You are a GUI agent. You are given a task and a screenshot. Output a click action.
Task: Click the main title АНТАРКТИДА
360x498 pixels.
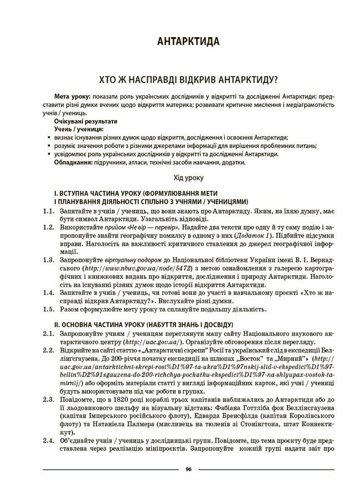tap(188, 41)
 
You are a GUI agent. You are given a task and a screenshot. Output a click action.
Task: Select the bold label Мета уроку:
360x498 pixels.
tap(73, 96)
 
